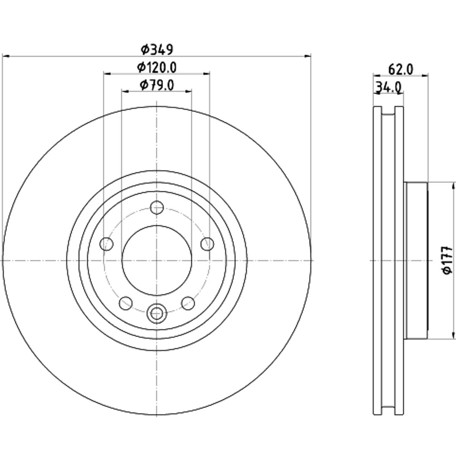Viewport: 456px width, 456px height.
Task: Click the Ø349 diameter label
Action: tap(157, 49)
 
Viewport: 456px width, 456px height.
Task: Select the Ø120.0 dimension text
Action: tap(157, 68)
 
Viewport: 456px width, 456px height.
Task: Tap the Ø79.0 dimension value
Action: tap(157, 85)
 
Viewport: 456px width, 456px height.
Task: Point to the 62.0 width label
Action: tap(400, 70)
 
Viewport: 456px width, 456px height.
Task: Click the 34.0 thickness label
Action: tap(388, 87)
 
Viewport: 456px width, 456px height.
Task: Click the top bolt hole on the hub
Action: tap(157, 207)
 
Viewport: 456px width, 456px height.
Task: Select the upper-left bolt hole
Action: tap(106, 244)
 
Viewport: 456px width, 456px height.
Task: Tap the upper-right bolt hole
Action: tap(207, 244)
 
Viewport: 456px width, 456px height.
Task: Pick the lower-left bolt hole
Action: tap(126, 303)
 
